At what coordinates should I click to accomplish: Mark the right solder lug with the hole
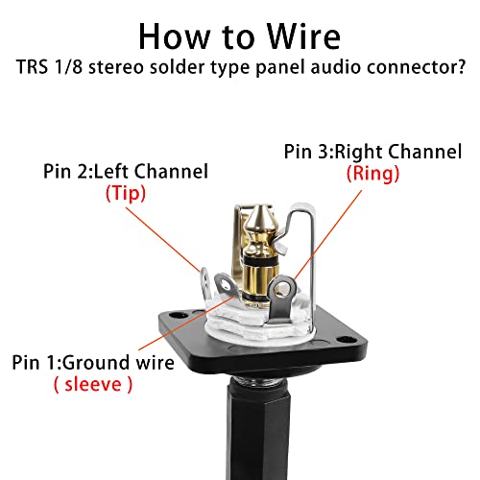point(282,289)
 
